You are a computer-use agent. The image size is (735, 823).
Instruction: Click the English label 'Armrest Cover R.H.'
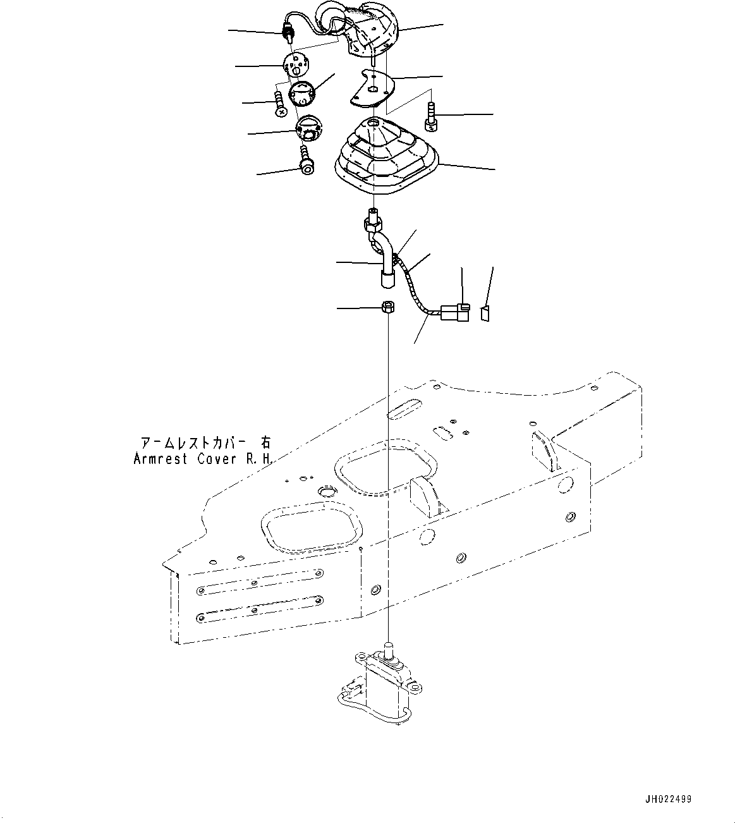203,459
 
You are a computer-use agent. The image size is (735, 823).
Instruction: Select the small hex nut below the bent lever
388,308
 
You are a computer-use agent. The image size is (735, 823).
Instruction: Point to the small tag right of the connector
485,313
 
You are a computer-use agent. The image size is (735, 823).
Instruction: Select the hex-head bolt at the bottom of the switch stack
307,160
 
